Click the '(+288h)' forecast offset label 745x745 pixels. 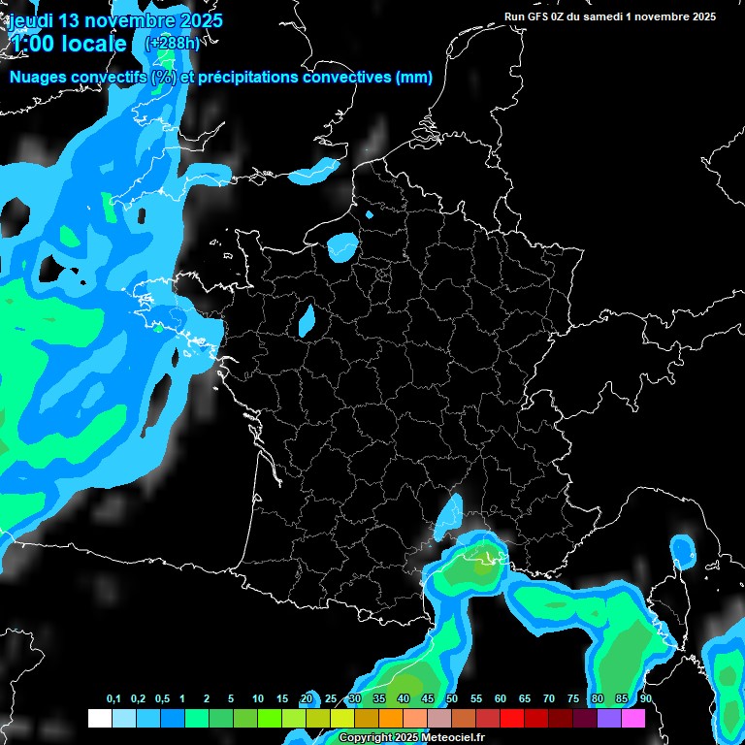coord(172,44)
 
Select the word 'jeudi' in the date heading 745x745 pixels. coord(30,19)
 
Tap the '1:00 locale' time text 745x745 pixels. coord(68,44)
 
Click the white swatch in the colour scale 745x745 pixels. coord(99,719)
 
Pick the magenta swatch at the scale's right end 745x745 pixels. coord(633,719)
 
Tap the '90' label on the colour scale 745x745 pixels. coord(645,699)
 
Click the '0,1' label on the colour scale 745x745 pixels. coord(113,699)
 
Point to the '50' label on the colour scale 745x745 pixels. coord(452,699)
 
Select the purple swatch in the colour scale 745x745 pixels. coord(609,719)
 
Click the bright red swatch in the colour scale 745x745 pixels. coord(512,719)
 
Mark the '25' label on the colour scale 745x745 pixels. coord(331,699)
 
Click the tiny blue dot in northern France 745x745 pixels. coord(369,213)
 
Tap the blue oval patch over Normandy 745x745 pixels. coord(342,246)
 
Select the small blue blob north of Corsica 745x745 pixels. coord(684,552)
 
